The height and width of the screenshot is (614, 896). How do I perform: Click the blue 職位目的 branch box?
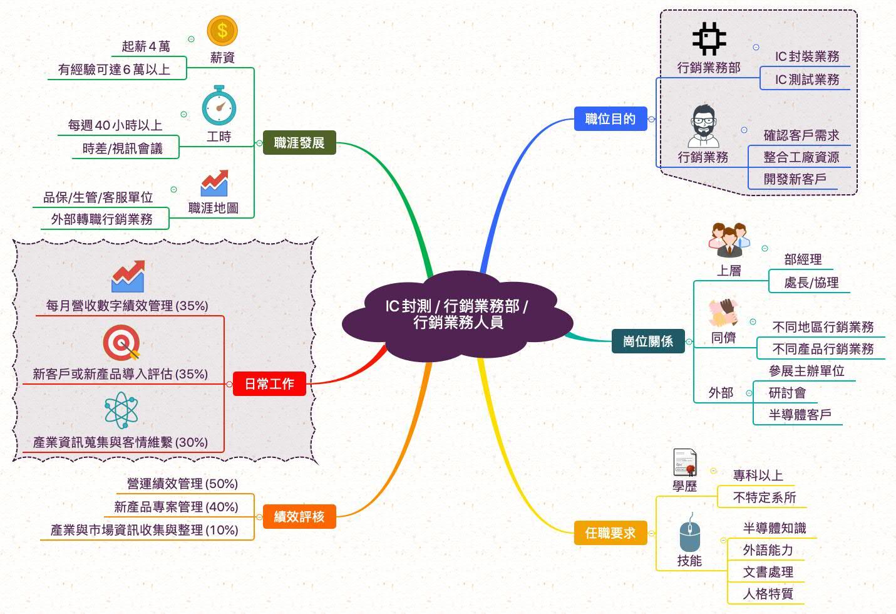pyautogui.click(x=610, y=119)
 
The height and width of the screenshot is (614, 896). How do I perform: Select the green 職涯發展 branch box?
pyautogui.click(x=299, y=142)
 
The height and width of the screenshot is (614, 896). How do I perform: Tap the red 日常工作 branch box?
pyautogui.click(x=269, y=384)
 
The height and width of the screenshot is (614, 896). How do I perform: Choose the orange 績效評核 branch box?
pyautogui.click(x=299, y=517)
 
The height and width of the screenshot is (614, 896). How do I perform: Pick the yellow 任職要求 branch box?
pyautogui.click(x=610, y=533)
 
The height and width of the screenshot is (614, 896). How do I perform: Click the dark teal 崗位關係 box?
pyautogui.click(x=648, y=341)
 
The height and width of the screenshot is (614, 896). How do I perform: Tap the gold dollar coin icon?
pyautogui.click(x=222, y=31)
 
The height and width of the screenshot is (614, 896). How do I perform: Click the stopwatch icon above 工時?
pyautogui.click(x=219, y=105)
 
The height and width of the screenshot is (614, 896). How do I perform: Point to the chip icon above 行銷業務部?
pyautogui.click(x=709, y=38)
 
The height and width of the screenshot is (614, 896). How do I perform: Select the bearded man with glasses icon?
pyautogui.click(x=704, y=127)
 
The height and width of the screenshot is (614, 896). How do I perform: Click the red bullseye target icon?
pyautogui.click(x=122, y=343)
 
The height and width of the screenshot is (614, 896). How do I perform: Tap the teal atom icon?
pyautogui.click(x=121, y=410)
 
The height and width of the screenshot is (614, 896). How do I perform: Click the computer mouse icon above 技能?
pyautogui.click(x=690, y=533)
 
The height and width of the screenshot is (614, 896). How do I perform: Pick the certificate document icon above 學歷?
pyautogui.click(x=685, y=463)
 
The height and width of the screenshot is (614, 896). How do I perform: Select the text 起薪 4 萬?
pyautogui.click(x=146, y=46)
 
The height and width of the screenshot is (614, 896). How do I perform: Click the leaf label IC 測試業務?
pyautogui.click(x=807, y=80)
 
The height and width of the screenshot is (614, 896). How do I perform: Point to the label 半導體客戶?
pyautogui.click(x=800, y=414)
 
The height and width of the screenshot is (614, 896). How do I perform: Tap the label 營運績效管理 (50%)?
pyautogui.click(x=182, y=484)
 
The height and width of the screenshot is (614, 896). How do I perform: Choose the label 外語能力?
pyautogui.click(x=768, y=550)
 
